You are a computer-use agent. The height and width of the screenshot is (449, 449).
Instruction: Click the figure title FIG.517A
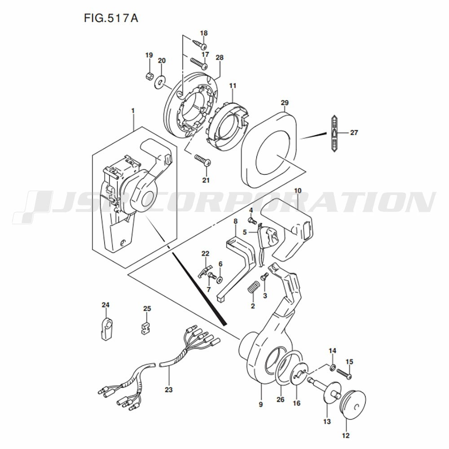[111, 18]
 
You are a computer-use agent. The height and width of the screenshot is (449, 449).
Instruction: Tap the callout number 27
[354, 132]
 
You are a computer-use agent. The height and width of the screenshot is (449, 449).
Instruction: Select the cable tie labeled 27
[334, 133]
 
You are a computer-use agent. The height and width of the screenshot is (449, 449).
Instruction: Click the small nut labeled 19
[149, 76]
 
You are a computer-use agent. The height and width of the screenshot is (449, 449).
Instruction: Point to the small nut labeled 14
[332, 367]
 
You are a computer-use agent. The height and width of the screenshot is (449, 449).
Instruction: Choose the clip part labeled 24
[106, 329]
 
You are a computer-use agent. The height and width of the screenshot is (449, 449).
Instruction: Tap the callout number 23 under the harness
[169, 390]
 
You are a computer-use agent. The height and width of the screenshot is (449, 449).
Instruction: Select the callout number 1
[133, 111]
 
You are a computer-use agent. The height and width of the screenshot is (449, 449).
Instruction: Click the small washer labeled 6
[220, 279]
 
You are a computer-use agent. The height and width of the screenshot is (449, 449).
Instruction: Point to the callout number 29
[285, 102]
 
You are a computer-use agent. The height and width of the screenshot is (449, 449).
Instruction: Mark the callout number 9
[260, 405]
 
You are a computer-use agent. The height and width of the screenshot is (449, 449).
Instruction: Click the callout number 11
[233, 86]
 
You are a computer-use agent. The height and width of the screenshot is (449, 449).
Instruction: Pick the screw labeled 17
[199, 63]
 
